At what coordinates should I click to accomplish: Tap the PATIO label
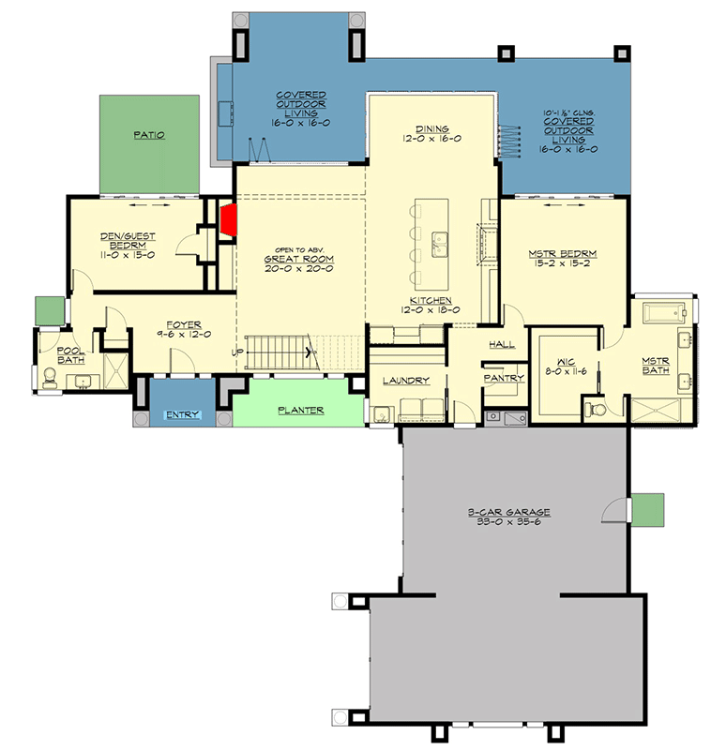[149, 135]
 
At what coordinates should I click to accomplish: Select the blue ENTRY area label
[182, 414]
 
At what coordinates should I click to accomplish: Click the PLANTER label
[300, 410]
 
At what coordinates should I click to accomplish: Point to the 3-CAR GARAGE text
[509, 513]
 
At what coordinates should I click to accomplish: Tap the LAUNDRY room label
[406, 381]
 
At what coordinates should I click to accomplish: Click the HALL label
[501, 344]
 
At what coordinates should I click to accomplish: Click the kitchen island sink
[438, 245]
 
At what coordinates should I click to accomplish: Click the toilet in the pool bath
[49, 377]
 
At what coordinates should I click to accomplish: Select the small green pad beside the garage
[647, 510]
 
